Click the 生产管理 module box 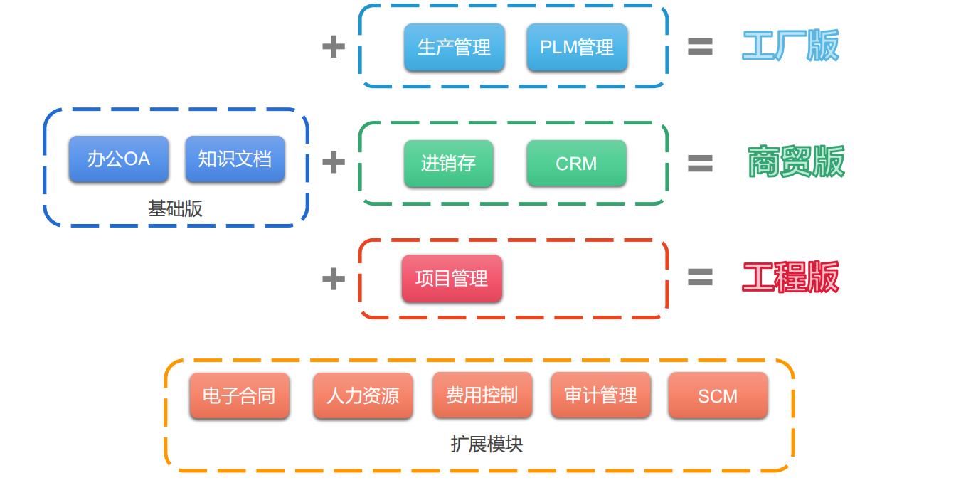tap(454, 48)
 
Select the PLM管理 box tap(577, 48)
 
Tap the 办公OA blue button tap(119, 159)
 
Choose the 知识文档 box tap(235, 159)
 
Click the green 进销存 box tap(448, 164)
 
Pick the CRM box tap(576, 164)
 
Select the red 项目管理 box tap(452, 278)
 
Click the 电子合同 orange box tap(239, 395)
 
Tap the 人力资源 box tap(363, 395)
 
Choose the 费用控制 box tap(482, 395)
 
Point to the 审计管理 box tap(600, 395)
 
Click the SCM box tap(718, 395)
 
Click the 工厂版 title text tap(790, 46)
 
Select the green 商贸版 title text tap(795, 162)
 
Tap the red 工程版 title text tap(790, 277)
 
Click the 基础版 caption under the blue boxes tap(175, 208)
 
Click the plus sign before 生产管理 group tap(334, 47)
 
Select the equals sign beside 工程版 tap(700, 277)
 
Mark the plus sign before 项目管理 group tap(334, 278)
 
